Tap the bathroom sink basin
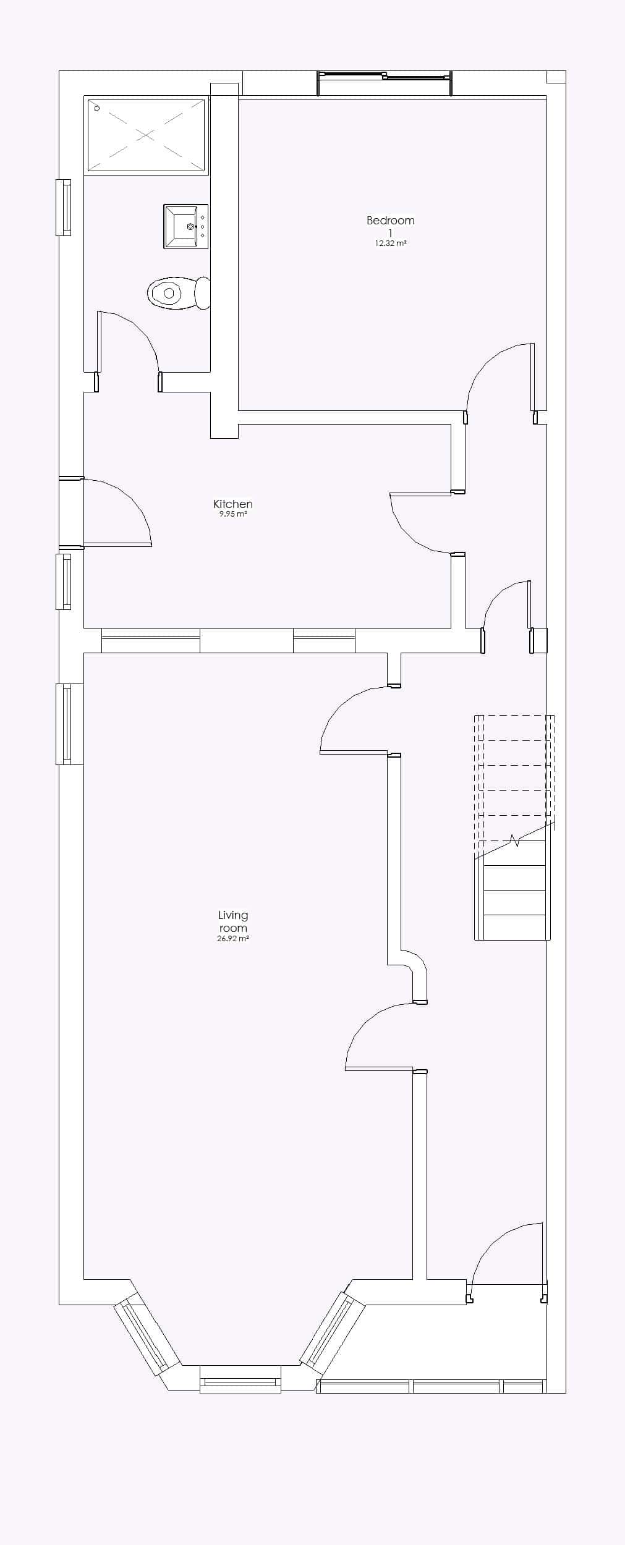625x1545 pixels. point(185,227)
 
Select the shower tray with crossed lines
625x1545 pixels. point(146,135)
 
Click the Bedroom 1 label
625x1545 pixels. point(390,226)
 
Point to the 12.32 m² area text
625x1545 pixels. point(390,243)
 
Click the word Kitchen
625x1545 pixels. point(233,504)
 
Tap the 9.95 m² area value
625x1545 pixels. point(233,514)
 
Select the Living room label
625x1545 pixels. point(233,921)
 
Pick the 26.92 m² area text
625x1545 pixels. point(233,938)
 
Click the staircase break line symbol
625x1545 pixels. point(514,840)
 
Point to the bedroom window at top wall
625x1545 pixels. point(385,76)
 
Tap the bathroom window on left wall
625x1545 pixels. point(64,207)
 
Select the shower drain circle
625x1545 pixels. point(97,108)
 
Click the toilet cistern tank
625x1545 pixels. point(203,293)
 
